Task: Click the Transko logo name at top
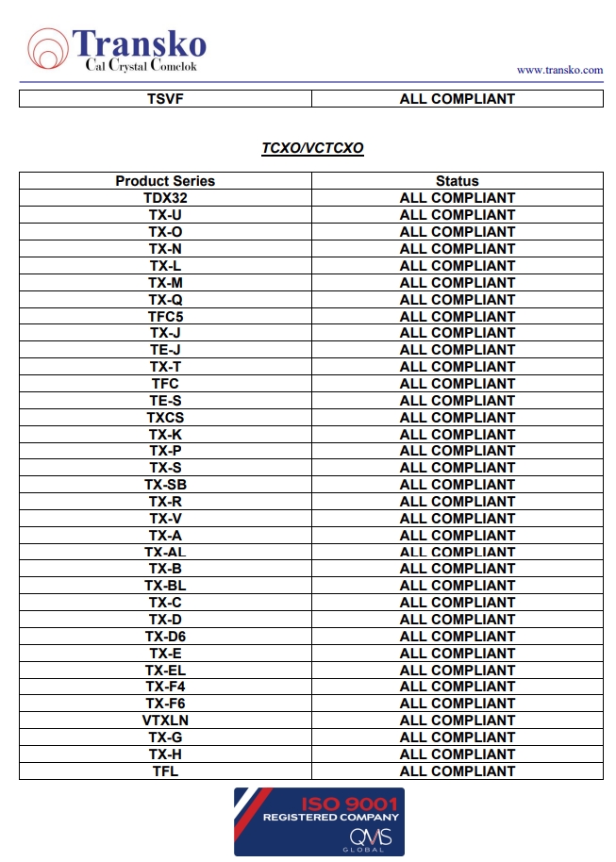(x=139, y=42)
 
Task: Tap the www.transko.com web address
(x=559, y=70)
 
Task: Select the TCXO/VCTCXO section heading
(x=312, y=148)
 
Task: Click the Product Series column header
(x=165, y=181)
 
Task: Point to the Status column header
(x=458, y=181)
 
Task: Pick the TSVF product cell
(x=165, y=99)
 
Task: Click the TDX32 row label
(x=165, y=198)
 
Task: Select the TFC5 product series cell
(x=165, y=317)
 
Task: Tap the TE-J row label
(x=165, y=350)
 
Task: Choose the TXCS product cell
(x=165, y=418)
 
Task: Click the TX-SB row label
(x=165, y=485)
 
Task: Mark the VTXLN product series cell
(x=165, y=721)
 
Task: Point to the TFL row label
(x=165, y=771)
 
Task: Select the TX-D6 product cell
(x=165, y=637)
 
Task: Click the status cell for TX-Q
(x=458, y=300)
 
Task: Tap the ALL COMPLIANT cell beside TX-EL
(x=458, y=671)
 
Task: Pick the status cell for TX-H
(x=458, y=754)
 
